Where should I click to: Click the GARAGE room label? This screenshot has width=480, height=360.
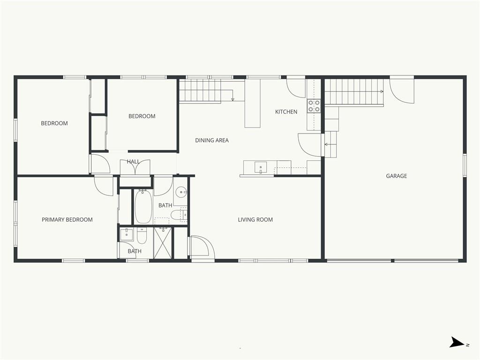(396, 176)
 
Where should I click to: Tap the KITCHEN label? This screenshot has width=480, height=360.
(286, 112)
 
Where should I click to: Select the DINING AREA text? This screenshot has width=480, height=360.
(212, 140)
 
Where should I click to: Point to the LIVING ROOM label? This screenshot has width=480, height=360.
(255, 219)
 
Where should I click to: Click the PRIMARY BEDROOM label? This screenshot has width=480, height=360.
(67, 219)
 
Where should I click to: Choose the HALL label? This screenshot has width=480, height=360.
(133, 162)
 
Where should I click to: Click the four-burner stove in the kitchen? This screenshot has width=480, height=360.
(314, 106)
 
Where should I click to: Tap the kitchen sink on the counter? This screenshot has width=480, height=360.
(260, 167)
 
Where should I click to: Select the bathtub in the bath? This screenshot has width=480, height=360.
(143, 206)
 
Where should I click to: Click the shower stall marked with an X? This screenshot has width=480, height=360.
(163, 242)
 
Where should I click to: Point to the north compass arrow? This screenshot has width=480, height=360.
(456, 343)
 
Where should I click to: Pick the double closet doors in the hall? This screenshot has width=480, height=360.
(135, 167)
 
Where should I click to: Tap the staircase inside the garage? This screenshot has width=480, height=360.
(354, 92)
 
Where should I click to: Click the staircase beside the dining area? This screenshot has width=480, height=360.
(200, 90)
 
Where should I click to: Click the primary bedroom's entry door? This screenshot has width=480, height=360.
(103, 186)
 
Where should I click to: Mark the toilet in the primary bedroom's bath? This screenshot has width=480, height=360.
(142, 236)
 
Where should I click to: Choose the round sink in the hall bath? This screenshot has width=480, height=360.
(181, 192)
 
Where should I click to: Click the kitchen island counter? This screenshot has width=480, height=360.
(252, 103)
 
